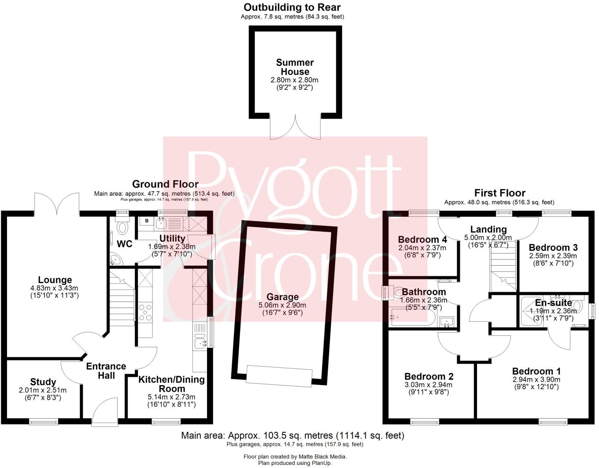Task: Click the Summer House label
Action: pos(295,67)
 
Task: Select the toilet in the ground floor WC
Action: pos(122,227)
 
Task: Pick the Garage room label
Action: pos(282,297)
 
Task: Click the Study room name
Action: pos(43,382)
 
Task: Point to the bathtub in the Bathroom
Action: pos(412,317)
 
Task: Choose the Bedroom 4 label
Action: pos(422,240)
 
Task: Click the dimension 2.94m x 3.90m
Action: pos(536,379)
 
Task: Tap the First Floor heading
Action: pos(499,193)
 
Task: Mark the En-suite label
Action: pos(553,303)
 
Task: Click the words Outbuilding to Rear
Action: pos(292,7)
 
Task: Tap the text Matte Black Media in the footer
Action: pos(322,457)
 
